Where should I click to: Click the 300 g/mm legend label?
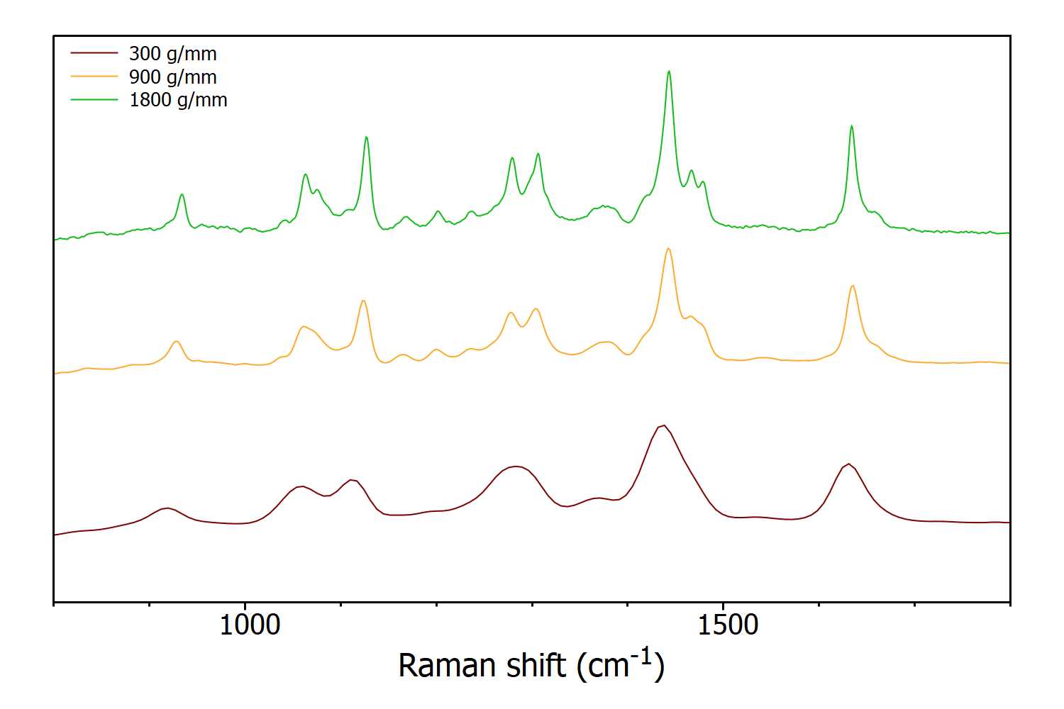tap(172, 54)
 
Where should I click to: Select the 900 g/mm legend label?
tap(172, 77)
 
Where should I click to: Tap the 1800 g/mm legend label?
tap(178, 100)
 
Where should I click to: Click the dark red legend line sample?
tap(94, 53)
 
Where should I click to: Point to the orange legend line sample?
tap(94, 77)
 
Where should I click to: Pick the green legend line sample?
tap(94, 100)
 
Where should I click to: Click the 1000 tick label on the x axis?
tap(250, 625)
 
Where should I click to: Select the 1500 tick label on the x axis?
tap(728, 625)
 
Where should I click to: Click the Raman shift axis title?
tap(531, 665)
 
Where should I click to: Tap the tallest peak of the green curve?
tap(669, 72)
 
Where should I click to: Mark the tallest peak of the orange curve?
tap(668, 249)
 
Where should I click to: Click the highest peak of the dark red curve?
tap(663, 425)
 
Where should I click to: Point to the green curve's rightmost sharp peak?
tap(851, 126)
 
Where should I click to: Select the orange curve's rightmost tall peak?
tap(853, 286)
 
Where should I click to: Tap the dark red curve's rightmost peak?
tap(848, 464)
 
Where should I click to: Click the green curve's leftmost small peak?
tap(182, 194)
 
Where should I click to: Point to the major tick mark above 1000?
tap(245, 607)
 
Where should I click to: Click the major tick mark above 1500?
tap(723, 607)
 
